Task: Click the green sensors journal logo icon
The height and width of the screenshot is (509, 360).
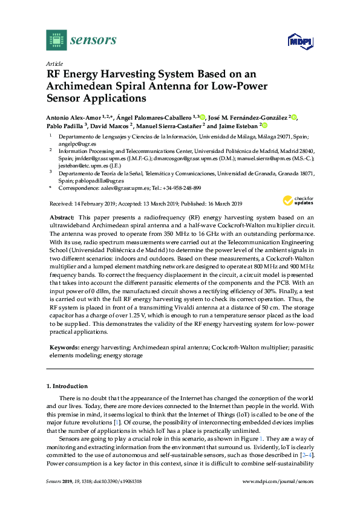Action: click(55, 41)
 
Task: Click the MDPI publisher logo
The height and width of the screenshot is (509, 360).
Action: click(298, 41)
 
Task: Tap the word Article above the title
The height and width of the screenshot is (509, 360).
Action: click(54, 63)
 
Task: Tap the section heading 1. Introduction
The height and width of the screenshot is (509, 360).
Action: click(67, 386)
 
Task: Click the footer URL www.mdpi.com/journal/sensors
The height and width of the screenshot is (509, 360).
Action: click(278, 481)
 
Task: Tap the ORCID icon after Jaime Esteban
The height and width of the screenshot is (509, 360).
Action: click(264, 126)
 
